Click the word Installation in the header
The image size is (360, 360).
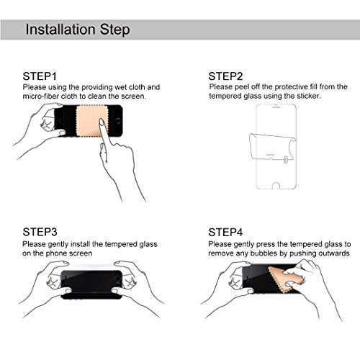click(60, 30)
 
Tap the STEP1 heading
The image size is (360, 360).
click(40, 76)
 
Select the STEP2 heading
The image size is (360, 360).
click(225, 76)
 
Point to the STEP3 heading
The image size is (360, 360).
click(40, 232)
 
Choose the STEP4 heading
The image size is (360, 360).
click(225, 232)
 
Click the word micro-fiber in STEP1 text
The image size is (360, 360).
click(41, 96)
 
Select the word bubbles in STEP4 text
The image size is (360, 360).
click(269, 253)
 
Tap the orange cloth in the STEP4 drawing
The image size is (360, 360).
click(286, 279)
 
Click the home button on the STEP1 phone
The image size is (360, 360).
click(117, 121)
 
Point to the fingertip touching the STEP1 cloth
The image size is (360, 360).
click(102, 122)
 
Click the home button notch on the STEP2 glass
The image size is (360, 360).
click(276, 186)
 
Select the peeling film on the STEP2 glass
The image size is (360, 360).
click(272, 147)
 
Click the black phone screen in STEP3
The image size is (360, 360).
click(91, 282)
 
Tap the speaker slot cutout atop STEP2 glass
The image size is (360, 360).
click(276, 107)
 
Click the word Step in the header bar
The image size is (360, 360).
click(115, 30)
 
